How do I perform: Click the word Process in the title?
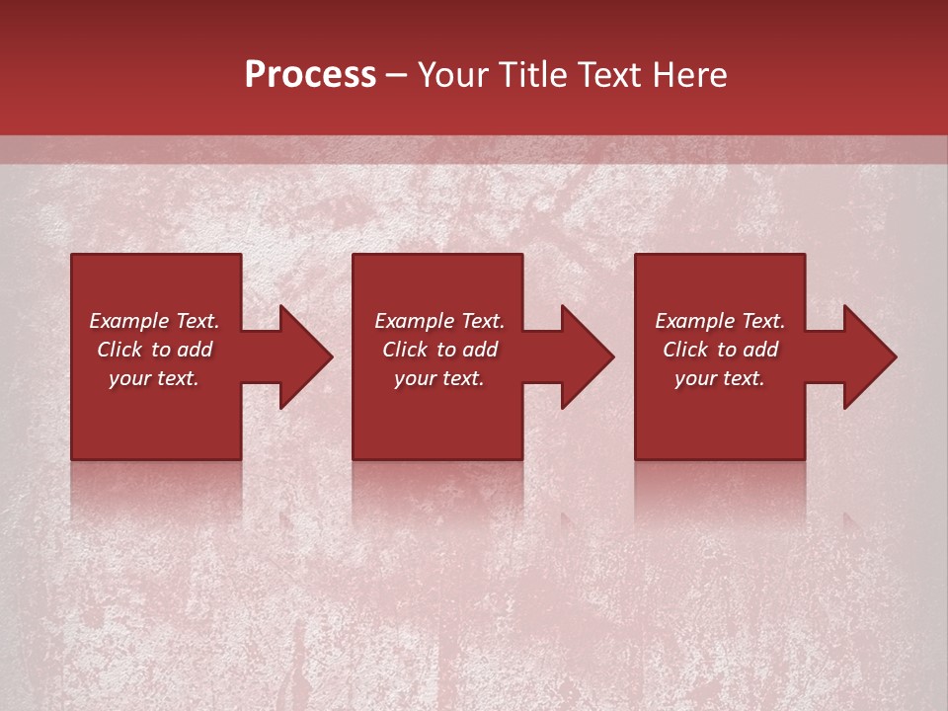tap(310, 75)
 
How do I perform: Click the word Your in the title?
tap(455, 75)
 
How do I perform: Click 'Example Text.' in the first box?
tap(154, 321)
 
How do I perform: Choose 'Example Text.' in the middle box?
tap(439, 321)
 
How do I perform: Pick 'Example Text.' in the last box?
tap(720, 321)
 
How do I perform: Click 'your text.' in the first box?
tap(154, 379)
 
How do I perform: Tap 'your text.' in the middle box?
tap(439, 379)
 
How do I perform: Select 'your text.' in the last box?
tap(720, 379)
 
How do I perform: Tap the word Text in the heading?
tap(609, 75)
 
